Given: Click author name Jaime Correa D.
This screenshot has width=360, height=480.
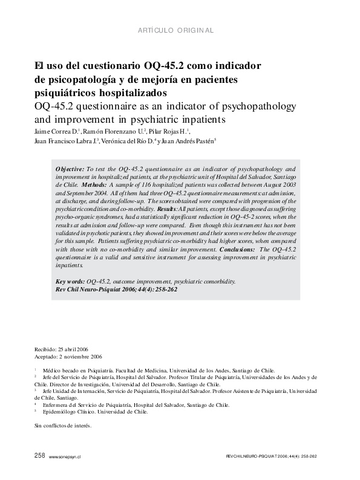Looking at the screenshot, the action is point(54,131).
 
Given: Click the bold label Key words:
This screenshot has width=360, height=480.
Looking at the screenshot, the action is point(70,282).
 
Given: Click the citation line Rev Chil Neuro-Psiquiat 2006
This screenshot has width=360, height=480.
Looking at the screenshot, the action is point(117,289).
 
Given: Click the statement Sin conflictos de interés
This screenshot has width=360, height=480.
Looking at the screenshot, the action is point(62,426).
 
